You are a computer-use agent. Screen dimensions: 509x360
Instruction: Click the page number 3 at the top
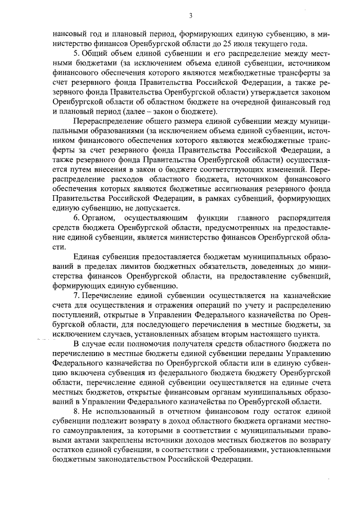191,15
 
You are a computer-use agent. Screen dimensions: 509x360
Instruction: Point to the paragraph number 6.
76,233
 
